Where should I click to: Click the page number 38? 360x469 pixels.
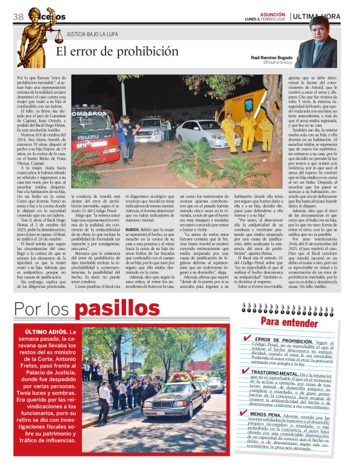(17, 16)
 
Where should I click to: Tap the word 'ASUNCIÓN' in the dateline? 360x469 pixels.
(273, 13)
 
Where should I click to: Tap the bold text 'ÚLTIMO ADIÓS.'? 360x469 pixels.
(51, 333)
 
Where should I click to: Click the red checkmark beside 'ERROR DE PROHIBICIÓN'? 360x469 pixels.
(248, 339)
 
